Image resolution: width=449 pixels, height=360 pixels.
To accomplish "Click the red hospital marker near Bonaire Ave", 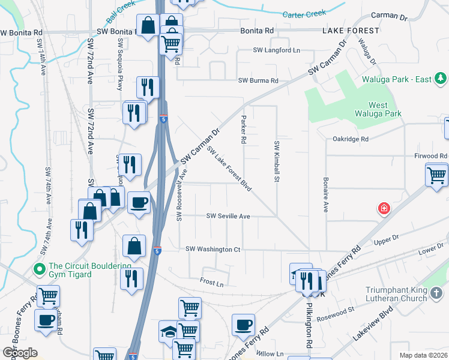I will (383, 209).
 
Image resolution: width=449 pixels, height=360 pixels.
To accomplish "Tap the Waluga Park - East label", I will (399, 79).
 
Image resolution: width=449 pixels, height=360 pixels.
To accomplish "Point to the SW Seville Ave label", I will (228, 216).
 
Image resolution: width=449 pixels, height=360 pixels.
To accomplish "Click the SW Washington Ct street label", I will (213, 249).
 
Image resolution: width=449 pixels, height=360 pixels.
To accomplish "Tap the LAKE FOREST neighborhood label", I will (351, 31).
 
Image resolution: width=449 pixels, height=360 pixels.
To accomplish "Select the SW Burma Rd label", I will (259, 80).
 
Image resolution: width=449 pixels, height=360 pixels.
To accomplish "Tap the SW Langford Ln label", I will (276, 50).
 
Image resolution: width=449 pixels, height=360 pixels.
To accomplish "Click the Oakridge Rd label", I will (351, 139).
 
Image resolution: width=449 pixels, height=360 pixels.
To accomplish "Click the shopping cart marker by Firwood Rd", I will (436, 175).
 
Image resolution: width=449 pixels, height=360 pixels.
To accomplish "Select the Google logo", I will (20, 353).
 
